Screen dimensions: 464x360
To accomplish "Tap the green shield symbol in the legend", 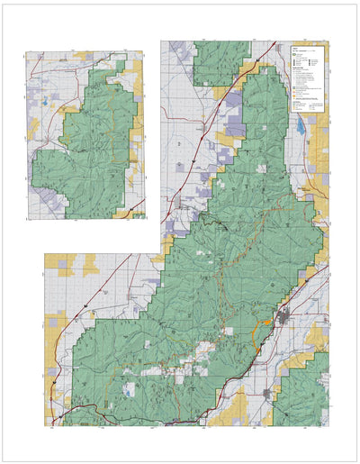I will coord(295,55).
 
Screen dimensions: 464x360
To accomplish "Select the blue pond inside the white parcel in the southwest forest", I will coord(131,390).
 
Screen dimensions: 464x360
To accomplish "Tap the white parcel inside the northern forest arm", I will coord(262,168).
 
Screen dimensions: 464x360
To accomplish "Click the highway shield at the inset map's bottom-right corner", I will coord(138,214).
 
